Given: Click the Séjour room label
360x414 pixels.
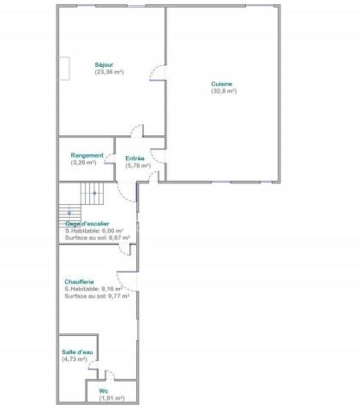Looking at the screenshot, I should (104, 65).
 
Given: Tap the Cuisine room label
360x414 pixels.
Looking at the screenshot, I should (221, 84).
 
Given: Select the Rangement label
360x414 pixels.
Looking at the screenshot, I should (87, 155).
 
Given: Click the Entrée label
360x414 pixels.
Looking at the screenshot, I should (135, 158).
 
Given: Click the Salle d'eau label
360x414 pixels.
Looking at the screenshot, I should (74, 352).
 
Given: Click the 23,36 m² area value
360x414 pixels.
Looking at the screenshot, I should (109, 72).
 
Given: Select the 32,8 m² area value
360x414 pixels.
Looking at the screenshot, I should (223, 91).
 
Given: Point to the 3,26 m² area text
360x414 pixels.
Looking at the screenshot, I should (84, 162).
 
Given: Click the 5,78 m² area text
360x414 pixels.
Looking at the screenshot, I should (138, 166).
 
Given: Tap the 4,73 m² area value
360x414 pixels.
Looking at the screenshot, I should (74, 359).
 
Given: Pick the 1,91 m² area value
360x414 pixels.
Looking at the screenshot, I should (112, 398).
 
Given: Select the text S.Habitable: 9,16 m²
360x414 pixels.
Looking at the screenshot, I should (94, 289).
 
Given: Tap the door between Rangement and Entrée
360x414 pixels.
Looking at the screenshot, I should (110, 158).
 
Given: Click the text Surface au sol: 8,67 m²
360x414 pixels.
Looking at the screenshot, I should (97, 238).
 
